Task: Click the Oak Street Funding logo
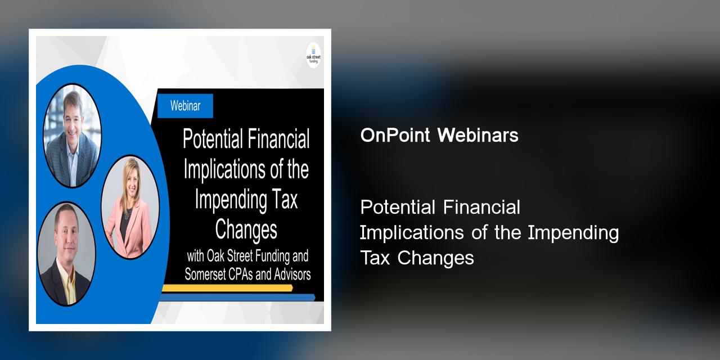313,55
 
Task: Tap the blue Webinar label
185,105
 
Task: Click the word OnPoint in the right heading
396,136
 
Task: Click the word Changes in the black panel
246,230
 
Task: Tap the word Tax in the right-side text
375,258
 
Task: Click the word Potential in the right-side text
398,207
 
